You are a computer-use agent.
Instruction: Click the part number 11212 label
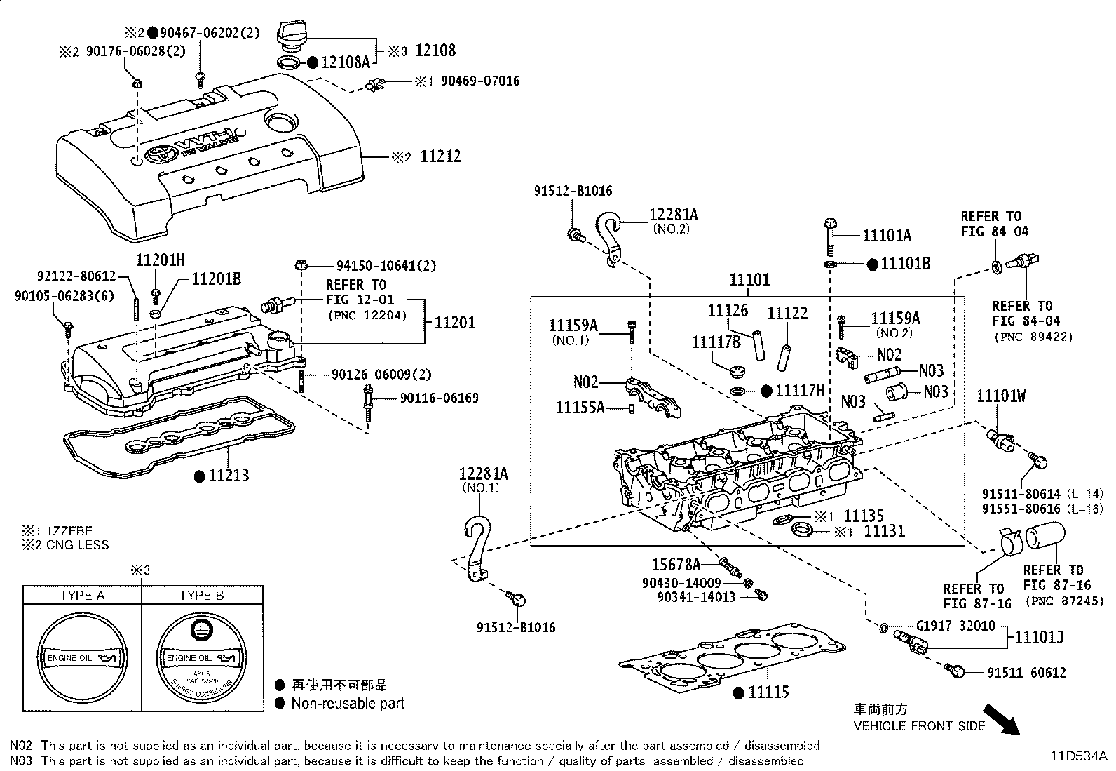pyautogui.click(x=440, y=156)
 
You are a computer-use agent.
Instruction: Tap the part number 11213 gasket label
pyautogui.click(x=231, y=476)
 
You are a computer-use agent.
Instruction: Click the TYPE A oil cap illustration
pyautogui.click(x=82, y=659)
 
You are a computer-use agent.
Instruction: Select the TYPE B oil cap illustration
pyautogui.click(x=200, y=659)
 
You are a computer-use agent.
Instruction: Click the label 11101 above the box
pyautogui.click(x=749, y=280)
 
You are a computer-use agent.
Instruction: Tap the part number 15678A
pyautogui.click(x=676, y=564)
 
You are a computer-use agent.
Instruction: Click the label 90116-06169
pyautogui.click(x=439, y=398)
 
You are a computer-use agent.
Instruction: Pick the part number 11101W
pyautogui.click(x=1000, y=397)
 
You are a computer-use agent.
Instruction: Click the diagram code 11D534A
pyautogui.click(x=1078, y=756)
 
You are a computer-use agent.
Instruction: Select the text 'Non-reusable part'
pyautogui.click(x=348, y=703)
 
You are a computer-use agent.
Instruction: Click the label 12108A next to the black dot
pyautogui.click(x=345, y=62)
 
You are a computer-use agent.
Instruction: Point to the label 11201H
pyautogui.click(x=160, y=260)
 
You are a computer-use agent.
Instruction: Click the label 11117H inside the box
pyautogui.click(x=800, y=391)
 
